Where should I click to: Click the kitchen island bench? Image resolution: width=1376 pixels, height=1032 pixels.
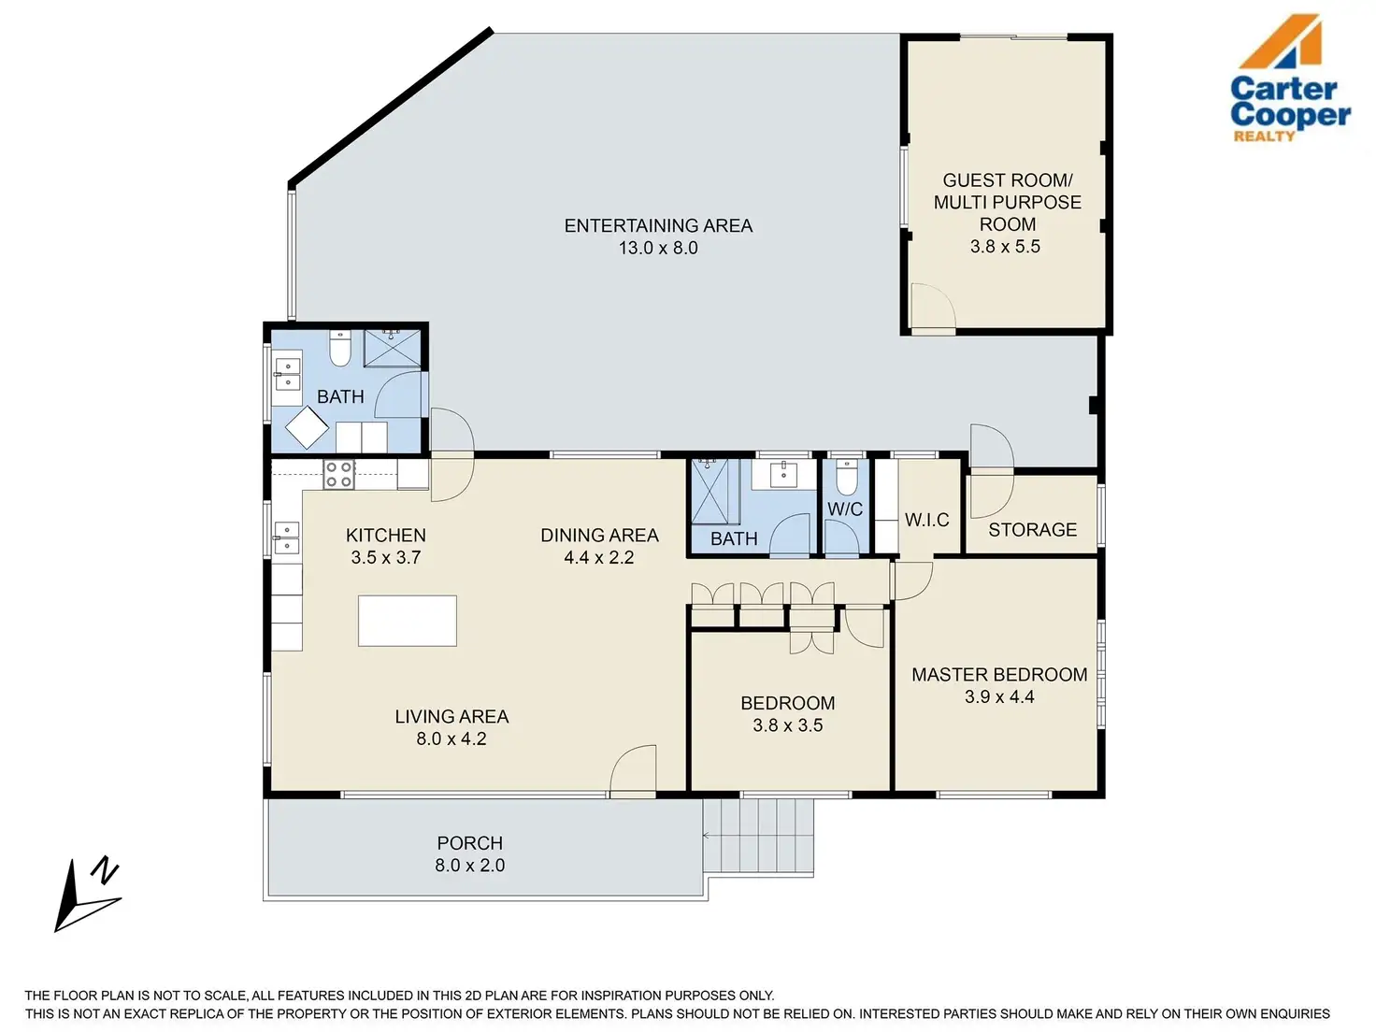coord(407,621)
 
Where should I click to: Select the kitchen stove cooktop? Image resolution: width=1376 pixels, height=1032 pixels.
coord(338,474)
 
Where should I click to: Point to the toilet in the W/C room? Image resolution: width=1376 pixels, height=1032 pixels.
coord(846,478)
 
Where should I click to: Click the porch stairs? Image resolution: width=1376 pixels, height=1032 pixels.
coord(758,838)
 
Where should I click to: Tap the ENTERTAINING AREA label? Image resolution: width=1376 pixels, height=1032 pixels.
coord(658,225)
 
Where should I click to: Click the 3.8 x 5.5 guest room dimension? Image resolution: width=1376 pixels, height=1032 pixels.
coord(1005,246)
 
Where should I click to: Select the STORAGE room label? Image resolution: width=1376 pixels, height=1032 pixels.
coord(1033,530)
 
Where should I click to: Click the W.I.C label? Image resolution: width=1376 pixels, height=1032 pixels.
coord(926,520)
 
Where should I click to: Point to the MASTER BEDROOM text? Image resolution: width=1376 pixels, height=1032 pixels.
coord(999,675)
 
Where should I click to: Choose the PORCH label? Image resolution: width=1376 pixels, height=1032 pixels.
coord(470,843)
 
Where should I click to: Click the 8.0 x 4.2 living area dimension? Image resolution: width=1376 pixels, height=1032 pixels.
coord(451,738)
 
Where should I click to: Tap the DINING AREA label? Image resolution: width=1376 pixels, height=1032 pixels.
coord(599,535)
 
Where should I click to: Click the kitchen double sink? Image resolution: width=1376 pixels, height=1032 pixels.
coord(286,538)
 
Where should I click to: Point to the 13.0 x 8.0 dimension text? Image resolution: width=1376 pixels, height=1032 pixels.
coord(658,248)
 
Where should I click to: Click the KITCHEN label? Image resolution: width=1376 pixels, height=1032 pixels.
coord(385,535)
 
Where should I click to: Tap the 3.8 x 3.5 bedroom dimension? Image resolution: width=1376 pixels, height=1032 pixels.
coord(787,725)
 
